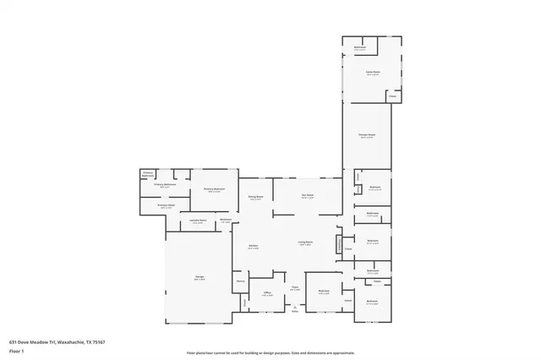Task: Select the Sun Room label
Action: [308, 196]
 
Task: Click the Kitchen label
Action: [252, 246]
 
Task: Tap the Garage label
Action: [199, 278]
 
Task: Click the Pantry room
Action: [240, 281]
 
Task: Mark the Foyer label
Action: [296, 288]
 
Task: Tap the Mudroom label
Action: [226, 221]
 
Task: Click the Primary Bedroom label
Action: [214, 189]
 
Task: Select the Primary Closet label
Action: [166, 205]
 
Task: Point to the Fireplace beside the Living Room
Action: [340, 245]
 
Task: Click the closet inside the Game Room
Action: [392, 96]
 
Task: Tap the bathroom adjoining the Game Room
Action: [360, 48]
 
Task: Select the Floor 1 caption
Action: [17, 351]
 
